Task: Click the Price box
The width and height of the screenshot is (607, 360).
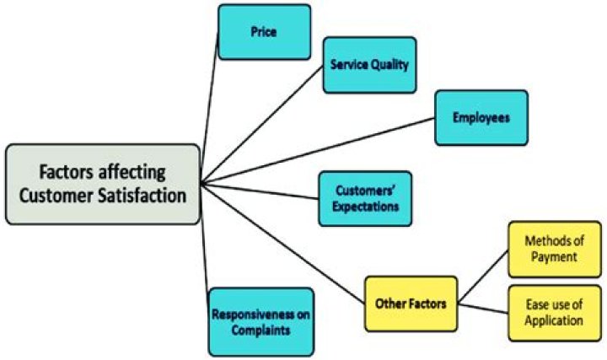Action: point(264,31)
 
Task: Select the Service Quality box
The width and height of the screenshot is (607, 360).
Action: point(369,64)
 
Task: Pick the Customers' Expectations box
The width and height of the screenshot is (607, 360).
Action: point(364,199)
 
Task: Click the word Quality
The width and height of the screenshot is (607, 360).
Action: point(391,65)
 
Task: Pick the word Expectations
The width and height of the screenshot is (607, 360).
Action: point(364,206)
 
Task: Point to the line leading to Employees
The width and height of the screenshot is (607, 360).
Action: point(320,148)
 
